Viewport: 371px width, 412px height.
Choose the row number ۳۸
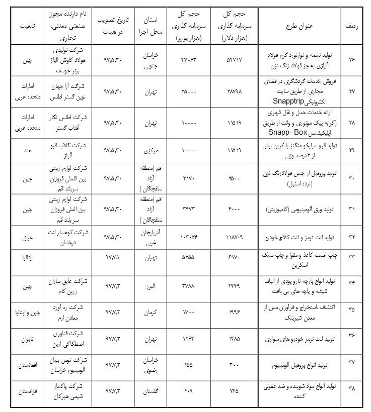click(x=352, y=389)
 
